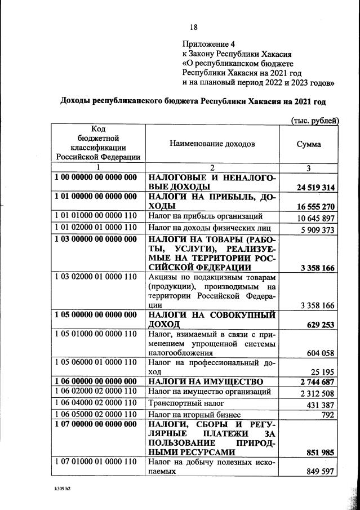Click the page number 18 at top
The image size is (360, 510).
194,27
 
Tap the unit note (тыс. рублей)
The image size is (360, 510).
314,120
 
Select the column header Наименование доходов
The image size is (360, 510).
212,144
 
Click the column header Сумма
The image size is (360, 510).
309,144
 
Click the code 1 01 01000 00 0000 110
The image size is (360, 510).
96,217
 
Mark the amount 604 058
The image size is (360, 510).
320,353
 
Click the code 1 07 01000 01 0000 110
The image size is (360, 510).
96,462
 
